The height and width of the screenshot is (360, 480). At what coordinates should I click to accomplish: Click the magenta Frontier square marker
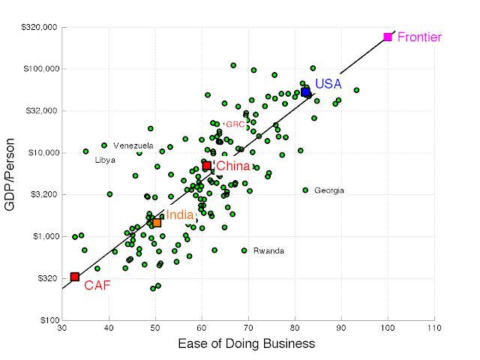[x=388, y=37]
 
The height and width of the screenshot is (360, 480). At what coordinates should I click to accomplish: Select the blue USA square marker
[x=305, y=91]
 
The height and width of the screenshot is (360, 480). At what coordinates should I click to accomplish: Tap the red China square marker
[x=207, y=166]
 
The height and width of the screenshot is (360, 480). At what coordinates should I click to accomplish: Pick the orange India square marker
[x=157, y=223]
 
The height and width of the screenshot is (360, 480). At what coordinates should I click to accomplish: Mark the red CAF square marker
[x=75, y=277]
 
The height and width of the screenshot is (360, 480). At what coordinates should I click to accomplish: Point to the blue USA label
[x=328, y=83]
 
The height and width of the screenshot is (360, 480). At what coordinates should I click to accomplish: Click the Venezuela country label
[x=133, y=145]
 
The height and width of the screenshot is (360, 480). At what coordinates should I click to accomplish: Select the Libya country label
[x=105, y=160]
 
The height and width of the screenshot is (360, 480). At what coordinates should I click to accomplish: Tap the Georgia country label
[x=329, y=190]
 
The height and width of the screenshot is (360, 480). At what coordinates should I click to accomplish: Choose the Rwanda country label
[x=268, y=250]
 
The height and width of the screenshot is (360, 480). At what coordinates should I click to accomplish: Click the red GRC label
[x=235, y=124]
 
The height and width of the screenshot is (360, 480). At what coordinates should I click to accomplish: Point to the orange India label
[x=179, y=215]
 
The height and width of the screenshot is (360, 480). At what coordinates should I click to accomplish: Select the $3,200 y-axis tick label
[x=45, y=194]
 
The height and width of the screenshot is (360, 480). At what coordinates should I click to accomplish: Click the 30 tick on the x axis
[x=63, y=329]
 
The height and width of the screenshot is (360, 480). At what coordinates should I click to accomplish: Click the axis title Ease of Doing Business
[x=247, y=344]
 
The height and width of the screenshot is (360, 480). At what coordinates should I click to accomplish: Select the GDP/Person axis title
[x=11, y=172]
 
